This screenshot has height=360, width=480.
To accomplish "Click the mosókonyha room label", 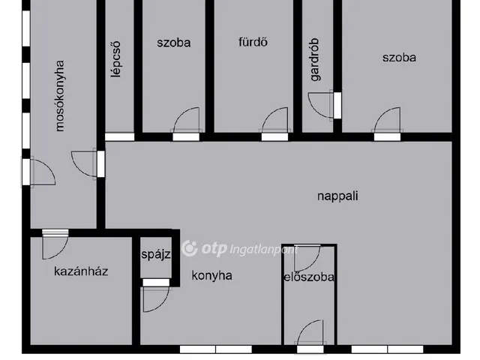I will (x=61, y=97).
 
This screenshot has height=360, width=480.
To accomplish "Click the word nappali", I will (x=337, y=196).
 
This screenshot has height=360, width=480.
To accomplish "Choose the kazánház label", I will (x=81, y=271).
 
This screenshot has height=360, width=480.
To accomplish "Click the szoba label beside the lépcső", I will (x=174, y=42).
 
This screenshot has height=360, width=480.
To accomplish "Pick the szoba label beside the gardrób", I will (x=398, y=58).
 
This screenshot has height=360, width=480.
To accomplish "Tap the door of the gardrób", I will (x=320, y=104).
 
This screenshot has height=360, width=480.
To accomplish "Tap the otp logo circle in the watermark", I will (x=190, y=248).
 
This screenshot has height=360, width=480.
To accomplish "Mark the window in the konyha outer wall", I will (x=216, y=349).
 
